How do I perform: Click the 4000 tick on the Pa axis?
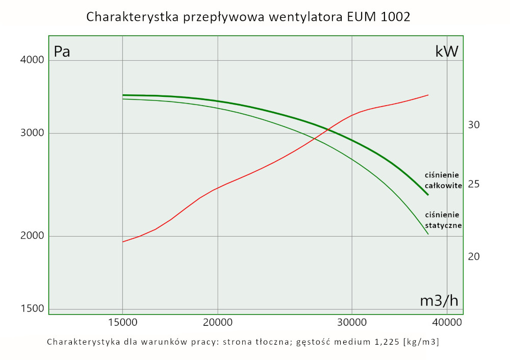32,60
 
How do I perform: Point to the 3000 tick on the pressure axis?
32,134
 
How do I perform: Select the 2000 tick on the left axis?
32,236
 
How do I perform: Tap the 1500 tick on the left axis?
32,308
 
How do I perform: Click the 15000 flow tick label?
122,323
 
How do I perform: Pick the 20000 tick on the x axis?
218,323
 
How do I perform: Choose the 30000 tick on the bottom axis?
352,323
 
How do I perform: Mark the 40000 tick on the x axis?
446,323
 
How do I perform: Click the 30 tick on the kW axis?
474,125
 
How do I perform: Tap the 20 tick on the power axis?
474,256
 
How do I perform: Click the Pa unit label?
62,52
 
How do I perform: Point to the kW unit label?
447,52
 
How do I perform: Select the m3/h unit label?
439,301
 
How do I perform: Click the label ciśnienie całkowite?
443,181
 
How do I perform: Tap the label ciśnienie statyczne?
443,220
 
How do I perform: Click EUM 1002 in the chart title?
377,17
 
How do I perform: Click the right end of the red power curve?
428,95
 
